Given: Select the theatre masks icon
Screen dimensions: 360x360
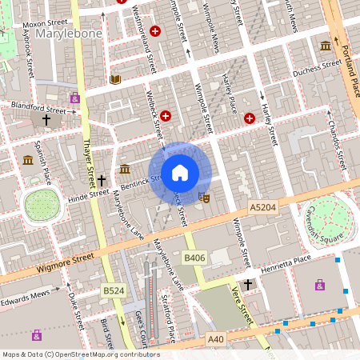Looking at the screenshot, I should pos(204,196).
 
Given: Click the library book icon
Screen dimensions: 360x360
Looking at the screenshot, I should pos(115,79).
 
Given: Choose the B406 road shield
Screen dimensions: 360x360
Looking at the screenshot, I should pos(194,258).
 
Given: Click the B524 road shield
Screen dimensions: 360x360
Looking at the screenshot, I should pos(114,290).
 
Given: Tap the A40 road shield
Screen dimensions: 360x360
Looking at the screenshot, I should pos(216,339).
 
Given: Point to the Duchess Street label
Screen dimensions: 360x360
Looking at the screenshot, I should pos(317,70).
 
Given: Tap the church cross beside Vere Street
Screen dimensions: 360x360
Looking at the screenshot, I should pos(248,284).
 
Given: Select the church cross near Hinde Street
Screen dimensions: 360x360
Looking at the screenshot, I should pos(102,182).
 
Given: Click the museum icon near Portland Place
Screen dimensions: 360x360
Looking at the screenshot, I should pos(325,46).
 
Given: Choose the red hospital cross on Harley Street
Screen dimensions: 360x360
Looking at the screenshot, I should pos(249,118).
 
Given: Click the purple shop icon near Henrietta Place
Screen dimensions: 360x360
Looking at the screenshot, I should pos(320,284).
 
